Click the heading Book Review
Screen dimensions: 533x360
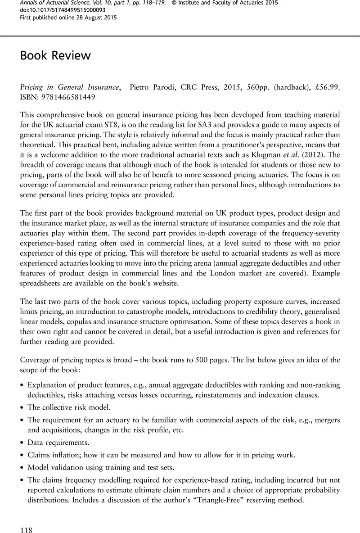(55, 56)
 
